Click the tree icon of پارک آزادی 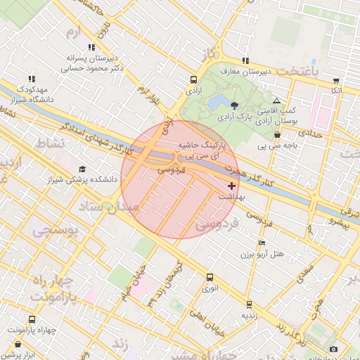pos(233,104)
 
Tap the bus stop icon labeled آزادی pos(193,79)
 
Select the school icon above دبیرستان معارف pos(245,60)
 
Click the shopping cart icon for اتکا pos(336,81)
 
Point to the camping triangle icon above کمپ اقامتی pos(276,101)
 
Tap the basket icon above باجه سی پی pos(277,135)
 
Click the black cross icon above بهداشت pos(232,186)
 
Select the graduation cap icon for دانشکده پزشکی pos(83,169)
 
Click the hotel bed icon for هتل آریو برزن pos(262,243)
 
